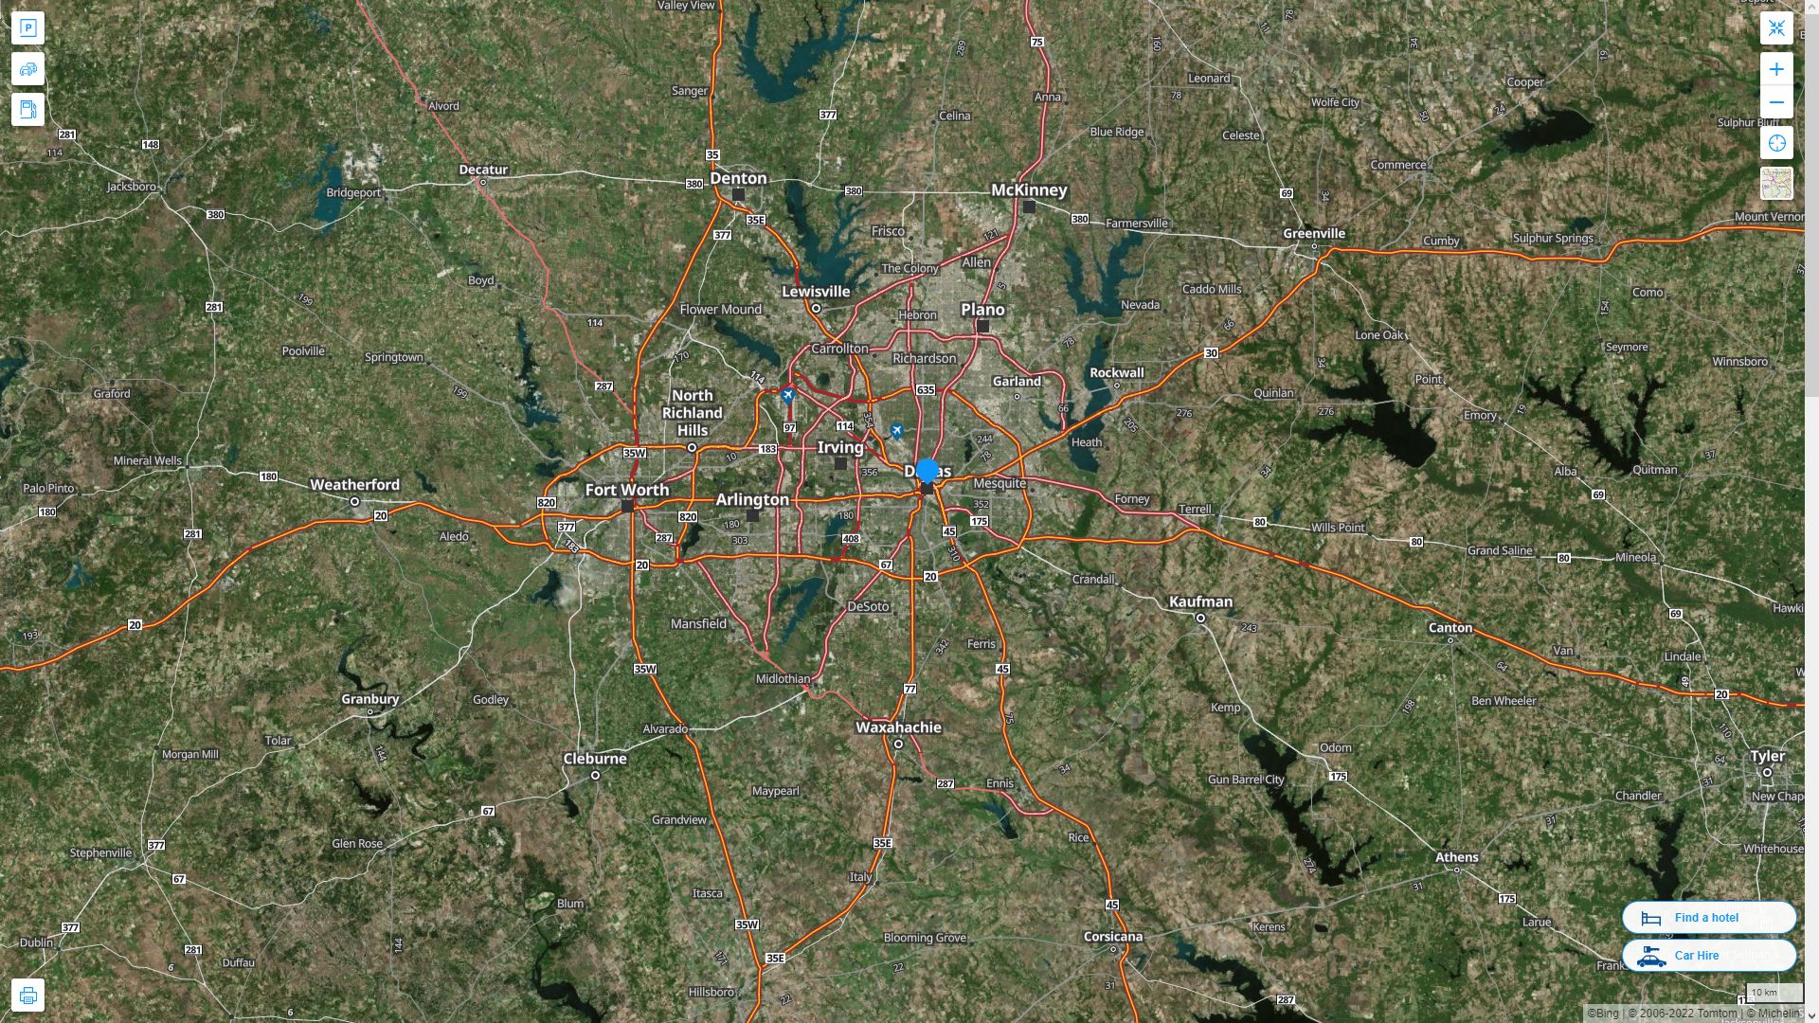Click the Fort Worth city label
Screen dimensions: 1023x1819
[x=626, y=490]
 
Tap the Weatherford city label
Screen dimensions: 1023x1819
[x=354, y=484]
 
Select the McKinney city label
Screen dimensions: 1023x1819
[x=1028, y=189]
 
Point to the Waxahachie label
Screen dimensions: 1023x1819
[x=898, y=727]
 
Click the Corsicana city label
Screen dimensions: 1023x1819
[x=1112, y=936]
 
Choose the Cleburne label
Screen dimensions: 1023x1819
[x=595, y=759]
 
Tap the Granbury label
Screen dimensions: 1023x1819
[x=369, y=699]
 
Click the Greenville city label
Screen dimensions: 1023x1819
[x=1313, y=233]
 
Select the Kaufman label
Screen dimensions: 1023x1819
[x=1200, y=601]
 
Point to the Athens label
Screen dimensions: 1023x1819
[x=1456, y=857]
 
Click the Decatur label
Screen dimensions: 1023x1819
[x=483, y=170]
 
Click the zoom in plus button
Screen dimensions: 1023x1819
[x=1776, y=69]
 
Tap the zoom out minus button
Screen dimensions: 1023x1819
[x=1776, y=102]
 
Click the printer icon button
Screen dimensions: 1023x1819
[x=27, y=996]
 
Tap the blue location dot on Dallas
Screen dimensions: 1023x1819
[x=928, y=470]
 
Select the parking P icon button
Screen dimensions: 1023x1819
[x=27, y=27]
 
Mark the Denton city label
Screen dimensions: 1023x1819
[x=738, y=178]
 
